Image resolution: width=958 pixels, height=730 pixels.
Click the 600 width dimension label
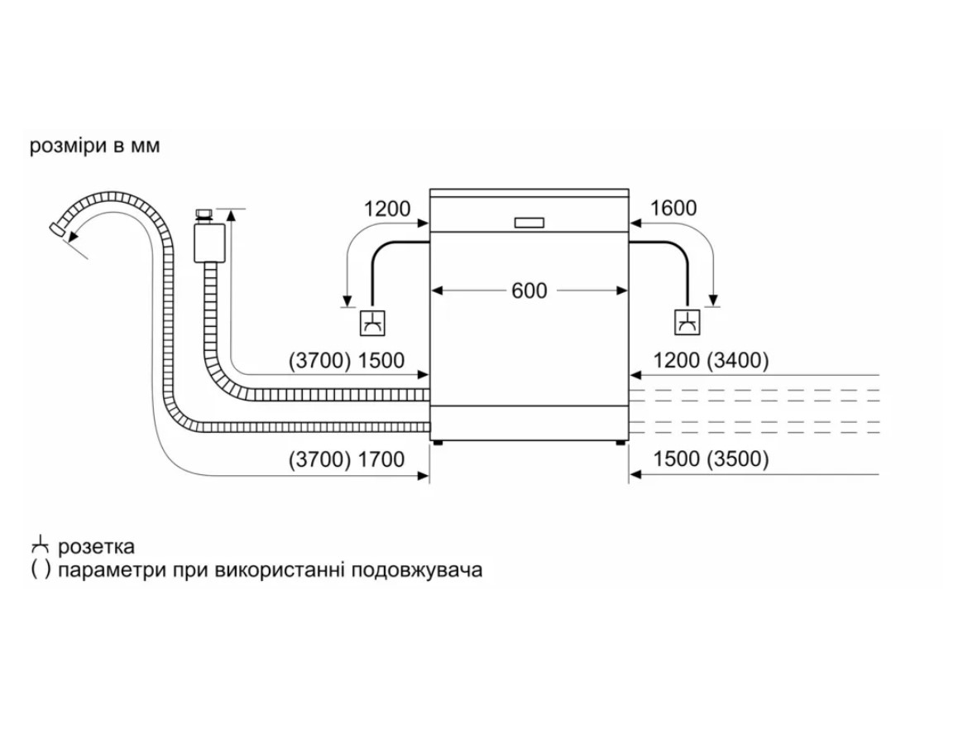point(529,291)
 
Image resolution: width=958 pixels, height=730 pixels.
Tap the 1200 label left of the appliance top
point(387,209)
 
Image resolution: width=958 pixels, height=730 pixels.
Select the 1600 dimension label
point(673,209)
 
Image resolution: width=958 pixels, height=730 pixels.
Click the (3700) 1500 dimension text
point(347,361)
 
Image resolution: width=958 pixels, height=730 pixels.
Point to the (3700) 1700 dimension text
point(347,459)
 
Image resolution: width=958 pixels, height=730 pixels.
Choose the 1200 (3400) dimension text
point(711,360)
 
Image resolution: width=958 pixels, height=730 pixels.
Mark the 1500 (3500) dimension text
point(711,459)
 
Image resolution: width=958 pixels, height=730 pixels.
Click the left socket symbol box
point(372,323)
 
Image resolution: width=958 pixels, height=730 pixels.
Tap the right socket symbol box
point(687,323)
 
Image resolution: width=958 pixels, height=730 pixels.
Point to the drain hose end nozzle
point(57,230)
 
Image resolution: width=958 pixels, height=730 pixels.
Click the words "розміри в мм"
point(94,146)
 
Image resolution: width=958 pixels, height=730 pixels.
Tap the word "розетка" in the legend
point(96,546)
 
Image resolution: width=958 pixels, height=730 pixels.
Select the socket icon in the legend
point(40,545)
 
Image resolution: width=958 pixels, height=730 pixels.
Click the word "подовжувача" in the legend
point(418,570)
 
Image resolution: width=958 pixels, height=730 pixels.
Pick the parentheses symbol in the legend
point(41,570)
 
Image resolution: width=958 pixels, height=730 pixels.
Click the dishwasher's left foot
point(438,443)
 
